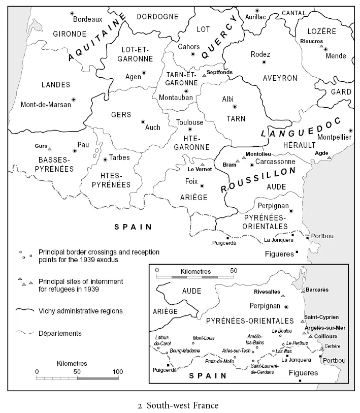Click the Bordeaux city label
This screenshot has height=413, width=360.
click(88, 19)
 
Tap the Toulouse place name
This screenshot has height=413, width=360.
click(189, 122)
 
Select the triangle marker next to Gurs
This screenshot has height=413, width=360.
click(49, 149)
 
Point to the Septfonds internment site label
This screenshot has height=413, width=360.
click(219, 72)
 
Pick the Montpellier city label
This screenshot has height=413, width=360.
click(334, 137)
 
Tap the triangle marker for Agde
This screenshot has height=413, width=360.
click(329, 158)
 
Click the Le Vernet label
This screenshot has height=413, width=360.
click(199, 169)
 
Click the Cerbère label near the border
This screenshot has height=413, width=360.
click(332, 346)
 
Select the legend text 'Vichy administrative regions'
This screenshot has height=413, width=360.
click(80, 311)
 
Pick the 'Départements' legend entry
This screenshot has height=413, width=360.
click(60, 333)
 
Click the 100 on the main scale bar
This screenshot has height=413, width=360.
click(118, 372)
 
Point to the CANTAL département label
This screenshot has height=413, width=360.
click(294, 13)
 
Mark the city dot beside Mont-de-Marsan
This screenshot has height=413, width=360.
click(74, 100)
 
